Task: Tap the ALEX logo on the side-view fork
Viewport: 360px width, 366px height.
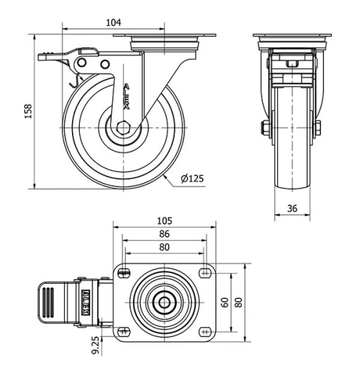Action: pos(127,96)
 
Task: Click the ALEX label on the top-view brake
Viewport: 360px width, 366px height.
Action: pos(84,301)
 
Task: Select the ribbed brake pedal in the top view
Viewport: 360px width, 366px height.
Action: pos(49,301)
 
